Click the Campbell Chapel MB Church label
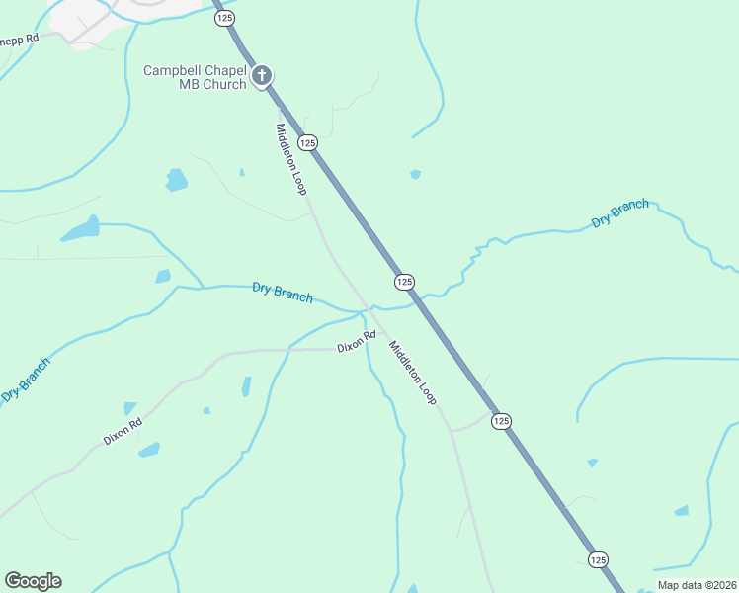coord(197,77)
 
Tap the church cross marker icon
coord(263,75)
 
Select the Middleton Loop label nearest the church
coord(291,158)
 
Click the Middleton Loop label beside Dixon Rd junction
coord(412,372)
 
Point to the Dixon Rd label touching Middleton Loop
coord(357,342)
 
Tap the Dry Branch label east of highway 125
coord(620,213)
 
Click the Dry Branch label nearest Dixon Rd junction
coord(283,293)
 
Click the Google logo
coord(33,581)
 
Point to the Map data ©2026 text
coord(697,585)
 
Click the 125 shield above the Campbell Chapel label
coord(222,18)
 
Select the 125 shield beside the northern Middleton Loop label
coord(308,142)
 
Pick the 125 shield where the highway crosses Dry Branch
coord(403,282)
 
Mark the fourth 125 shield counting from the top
coord(501,420)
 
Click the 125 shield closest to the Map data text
coord(598,559)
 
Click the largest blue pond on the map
coord(80,230)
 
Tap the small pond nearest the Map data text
coord(682,510)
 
